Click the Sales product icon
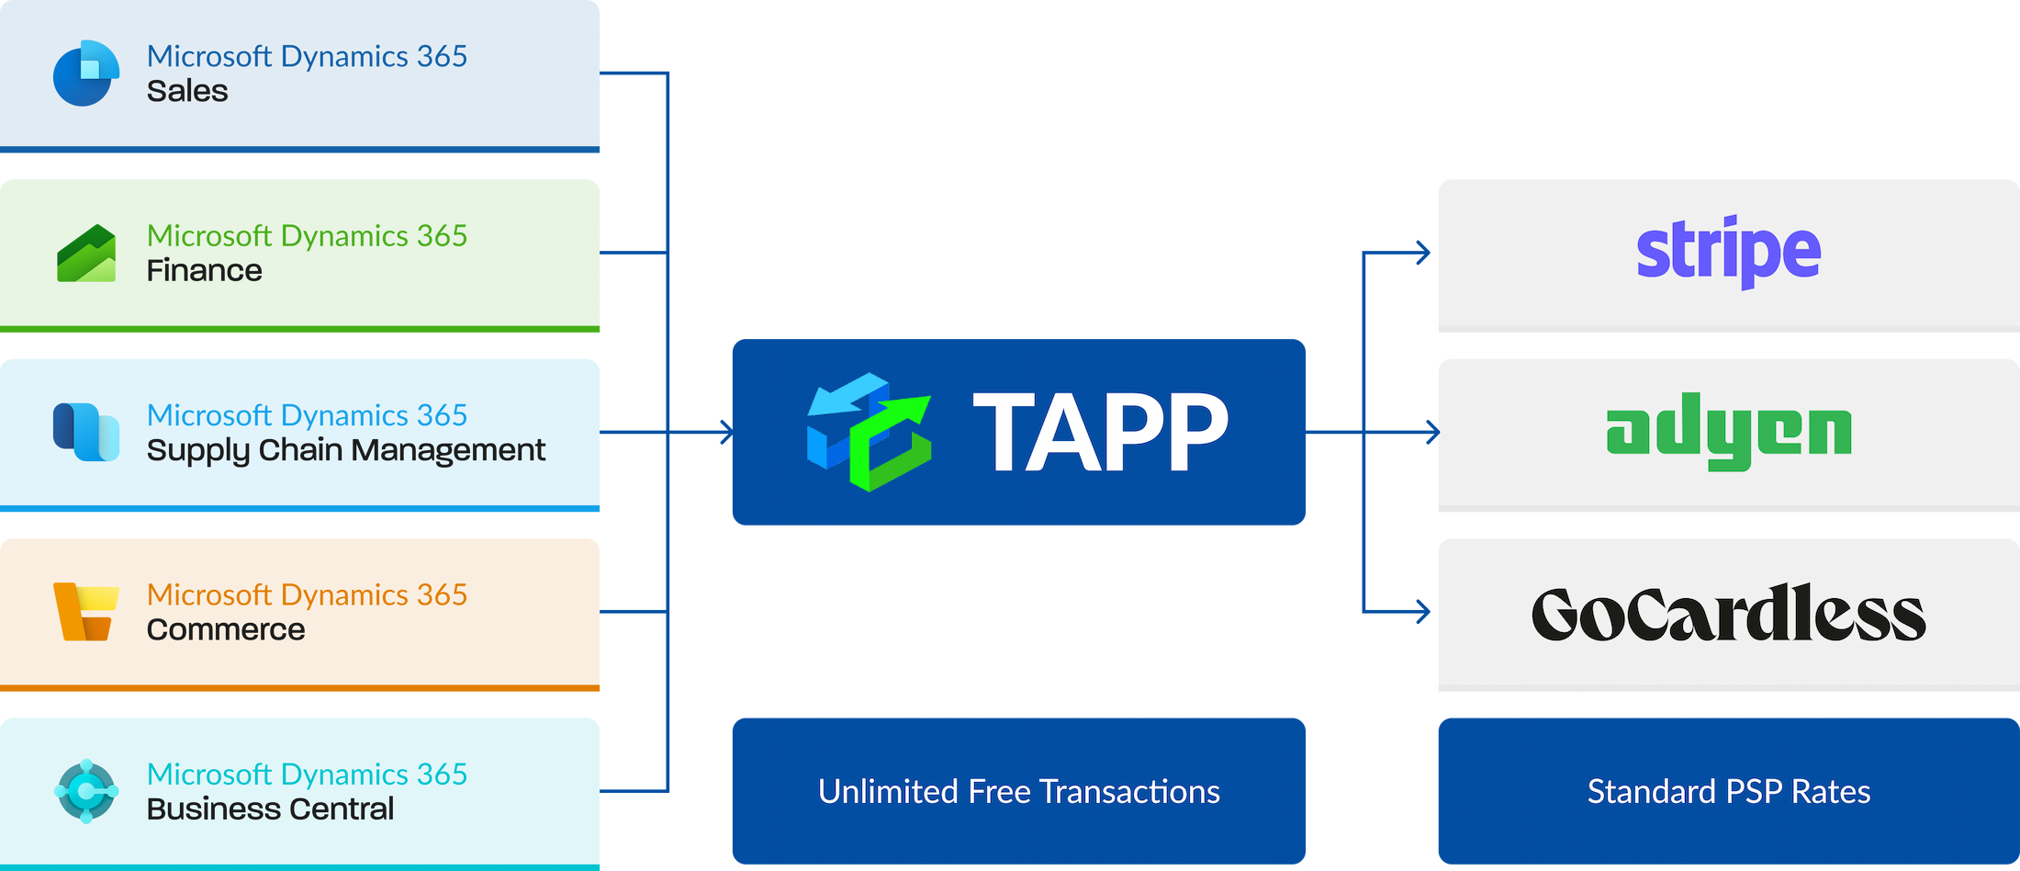[86, 73]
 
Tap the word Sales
[187, 91]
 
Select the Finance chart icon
[86, 254]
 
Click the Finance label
[204, 270]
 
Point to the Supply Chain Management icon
[86, 432]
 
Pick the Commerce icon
[86, 611]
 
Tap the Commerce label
[226, 629]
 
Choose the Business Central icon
[86, 790]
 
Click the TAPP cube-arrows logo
[869, 431]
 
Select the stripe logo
[1728, 251]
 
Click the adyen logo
[1728, 432]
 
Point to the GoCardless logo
[1728, 613]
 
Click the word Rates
[1831, 792]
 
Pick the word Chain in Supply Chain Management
[300, 450]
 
